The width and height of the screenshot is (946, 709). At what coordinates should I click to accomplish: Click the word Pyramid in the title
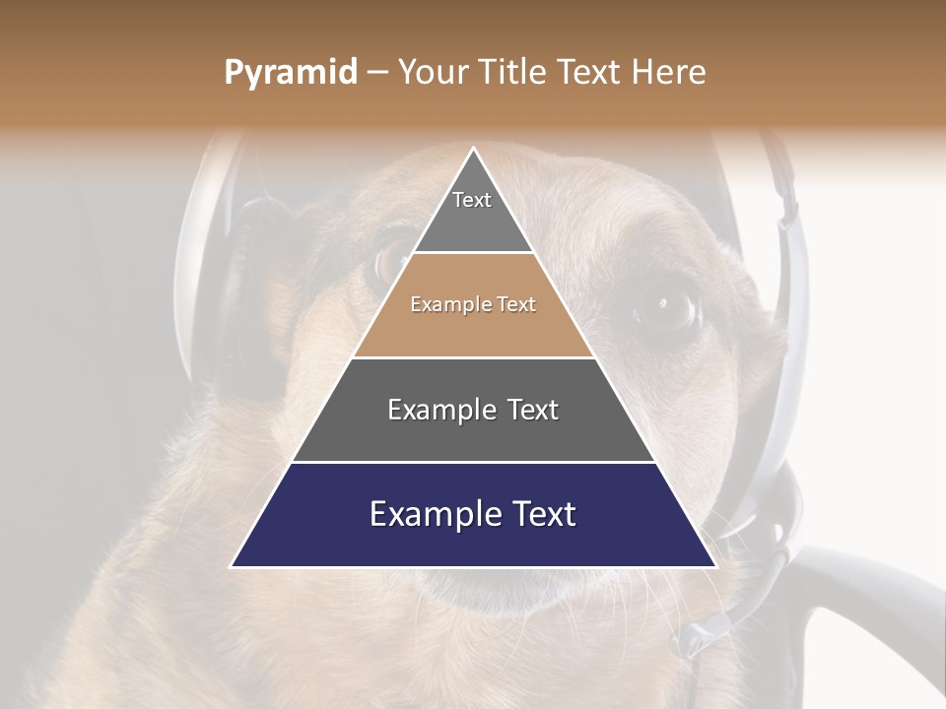pyautogui.click(x=291, y=73)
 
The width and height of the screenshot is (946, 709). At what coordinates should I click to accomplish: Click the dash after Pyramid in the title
pyautogui.click(x=377, y=73)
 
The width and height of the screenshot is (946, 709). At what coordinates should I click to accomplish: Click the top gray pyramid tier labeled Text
pyautogui.click(x=473, y=212)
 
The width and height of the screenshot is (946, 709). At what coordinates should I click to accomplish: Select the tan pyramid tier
pyautogui.click(x=473, y=325)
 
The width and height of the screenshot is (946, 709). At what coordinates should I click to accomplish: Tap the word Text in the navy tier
pyautogui.click(x=541, y=514)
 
